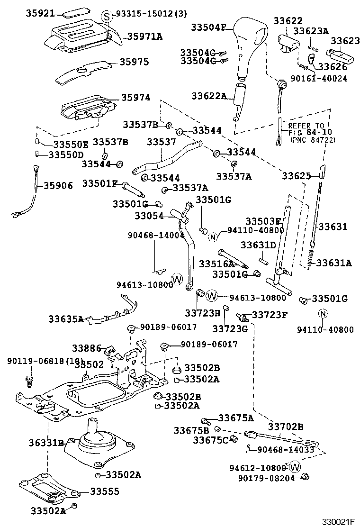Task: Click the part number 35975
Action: (x=134, y=62)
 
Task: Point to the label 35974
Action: (x=135, y=98)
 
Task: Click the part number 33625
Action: (x=297, y=176)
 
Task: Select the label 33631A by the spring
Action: (x=334, y=263)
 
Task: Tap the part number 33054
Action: (x=149, y=216)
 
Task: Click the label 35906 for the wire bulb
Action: (x=58, y=185)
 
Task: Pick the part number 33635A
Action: (x=66, y=319)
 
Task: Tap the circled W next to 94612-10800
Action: (x=295, y=467)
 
